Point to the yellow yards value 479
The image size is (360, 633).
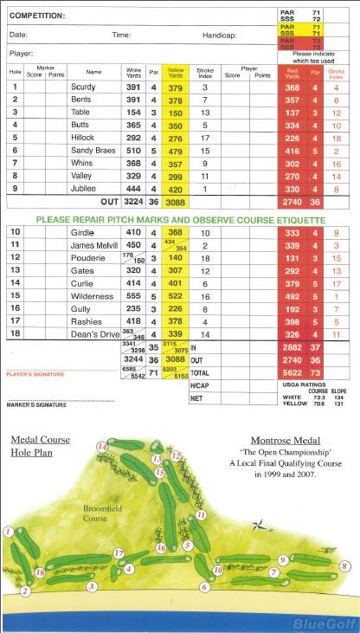pos(177,151)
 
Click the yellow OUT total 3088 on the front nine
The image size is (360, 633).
pos(177,202)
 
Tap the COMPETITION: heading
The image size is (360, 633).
pos(37,15)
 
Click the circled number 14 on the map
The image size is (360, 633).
pos(103,447)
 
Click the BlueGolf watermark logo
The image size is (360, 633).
pos(330,623)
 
